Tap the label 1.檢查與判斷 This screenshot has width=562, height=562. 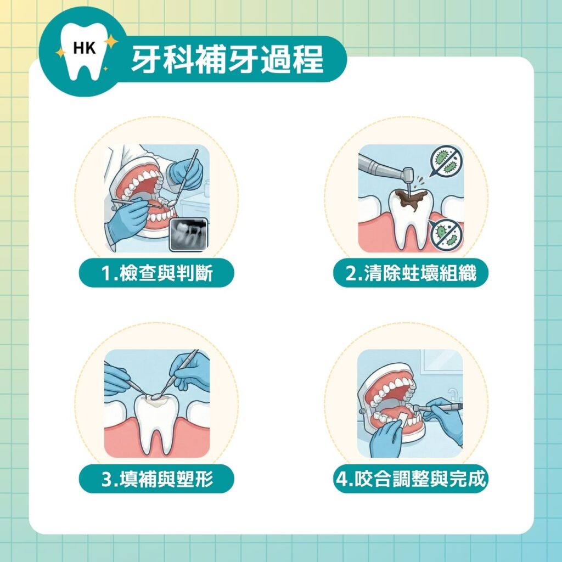pyautogui.click(x=157, y=273)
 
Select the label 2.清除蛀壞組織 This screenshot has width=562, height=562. pyautogui.click(x=411, y=273)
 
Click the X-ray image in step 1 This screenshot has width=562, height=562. pyautogui.click(x=188, y=234)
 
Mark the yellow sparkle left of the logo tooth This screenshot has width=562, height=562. pyautogui.click(x=60, y=52)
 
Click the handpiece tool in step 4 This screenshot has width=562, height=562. pyautogui.click(x=439, y=408)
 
